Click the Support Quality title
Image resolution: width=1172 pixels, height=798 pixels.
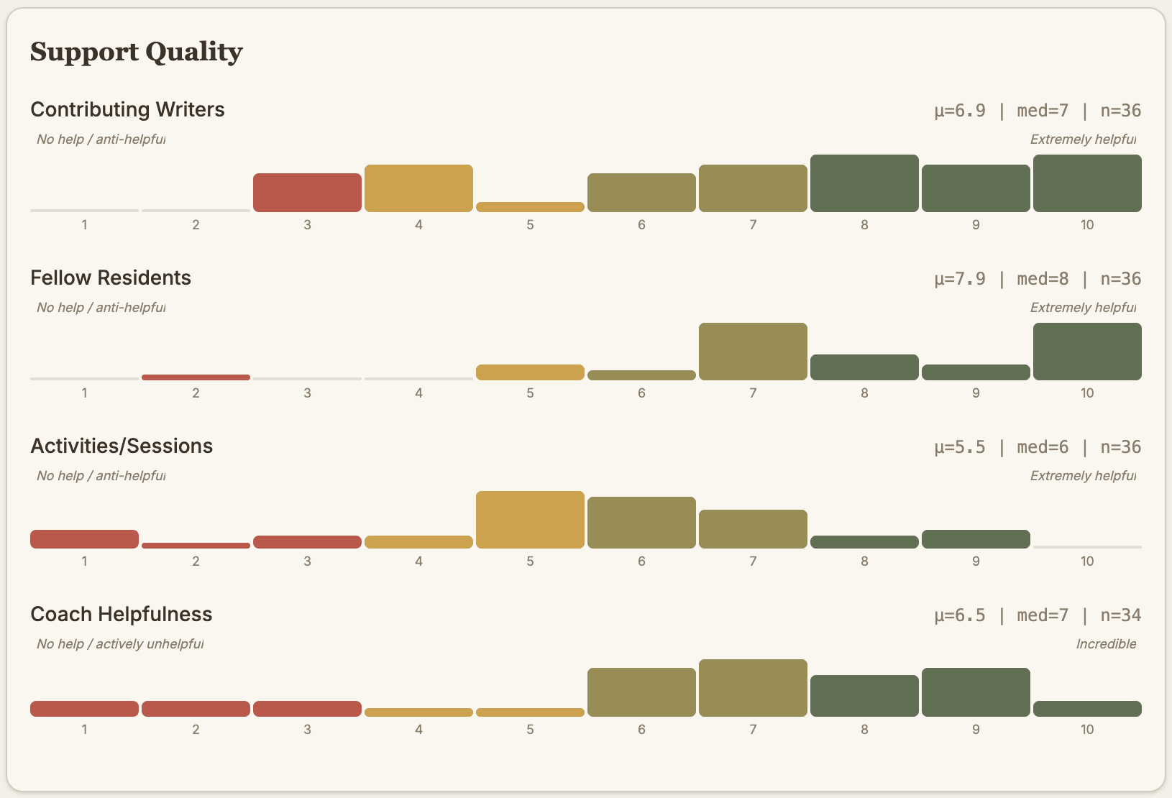point(137,52)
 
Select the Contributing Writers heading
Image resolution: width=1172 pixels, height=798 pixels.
point(127,109)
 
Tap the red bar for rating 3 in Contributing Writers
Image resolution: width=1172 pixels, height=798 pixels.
point(307,193)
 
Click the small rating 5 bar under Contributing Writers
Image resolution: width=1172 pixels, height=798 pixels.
point(530,207)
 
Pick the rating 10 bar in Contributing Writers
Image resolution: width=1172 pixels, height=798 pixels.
point(1087,183)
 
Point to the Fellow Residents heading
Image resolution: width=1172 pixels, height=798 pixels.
point(111,278)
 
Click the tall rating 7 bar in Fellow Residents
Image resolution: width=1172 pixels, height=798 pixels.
point(753,352)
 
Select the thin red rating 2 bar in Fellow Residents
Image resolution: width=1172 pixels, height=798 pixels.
point(196,377)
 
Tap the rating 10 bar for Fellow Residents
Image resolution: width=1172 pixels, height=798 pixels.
point(1087,352)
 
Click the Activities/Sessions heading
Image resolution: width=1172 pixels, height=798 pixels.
point(122,446)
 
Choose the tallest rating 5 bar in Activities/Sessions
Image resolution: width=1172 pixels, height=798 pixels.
point(530,520)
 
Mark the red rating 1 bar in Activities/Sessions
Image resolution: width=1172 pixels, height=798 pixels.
point(84,539)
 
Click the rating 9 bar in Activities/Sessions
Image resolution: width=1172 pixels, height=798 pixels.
point(976,539)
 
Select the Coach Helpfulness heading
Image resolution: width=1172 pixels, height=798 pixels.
point(122,614)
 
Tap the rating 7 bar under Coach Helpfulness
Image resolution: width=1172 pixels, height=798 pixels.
point(753,688)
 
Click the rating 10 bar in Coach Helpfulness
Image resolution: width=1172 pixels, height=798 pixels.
point(1087,709)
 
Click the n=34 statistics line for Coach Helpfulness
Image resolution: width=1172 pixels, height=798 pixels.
point(1038,615)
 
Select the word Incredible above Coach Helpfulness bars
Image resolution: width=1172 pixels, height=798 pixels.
point(1106,644)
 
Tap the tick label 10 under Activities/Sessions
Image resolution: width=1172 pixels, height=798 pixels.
point(1087,561)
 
